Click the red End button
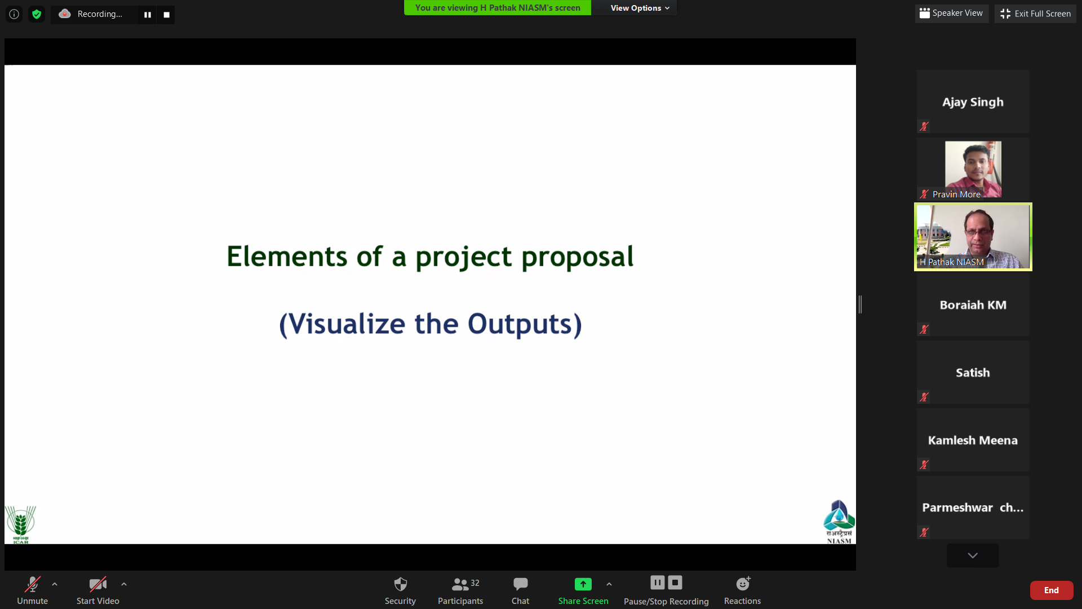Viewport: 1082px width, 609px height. click(x=1051, y=590)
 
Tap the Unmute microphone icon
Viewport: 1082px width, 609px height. click(x=32, y=584)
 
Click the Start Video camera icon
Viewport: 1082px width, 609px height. click(x=97, y=584)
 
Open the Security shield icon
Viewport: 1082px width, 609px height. click(x=400, y=584)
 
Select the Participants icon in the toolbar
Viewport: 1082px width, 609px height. click(x=460, y=584)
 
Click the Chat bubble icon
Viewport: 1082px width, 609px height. click(x=520, y=584)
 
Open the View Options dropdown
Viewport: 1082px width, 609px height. click(x=640, y=8)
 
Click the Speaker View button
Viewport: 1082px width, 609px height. click(x=951, y=13)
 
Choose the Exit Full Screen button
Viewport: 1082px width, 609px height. click(x=1035, y=14)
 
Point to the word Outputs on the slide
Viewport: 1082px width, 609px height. click(x=520, y=324)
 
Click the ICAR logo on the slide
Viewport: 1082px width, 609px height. click(x=20, y=524)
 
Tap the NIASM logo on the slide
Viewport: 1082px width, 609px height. click(x=839, y=522)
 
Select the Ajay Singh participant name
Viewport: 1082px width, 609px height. click(x=973, y=102)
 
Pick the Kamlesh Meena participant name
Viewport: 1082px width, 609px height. click(x=973, y=440)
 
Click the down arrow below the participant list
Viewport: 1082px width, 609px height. click(x=973, y=555)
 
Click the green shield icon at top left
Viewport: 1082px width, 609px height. click(x=37, y=14)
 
